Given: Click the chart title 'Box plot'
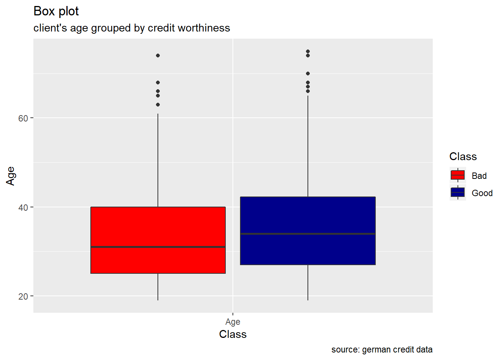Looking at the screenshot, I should pos(56,11).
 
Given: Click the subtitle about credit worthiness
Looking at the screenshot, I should pos(132,28).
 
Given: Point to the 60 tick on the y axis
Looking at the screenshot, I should pos(23,118).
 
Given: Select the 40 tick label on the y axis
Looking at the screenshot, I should pos(23,207).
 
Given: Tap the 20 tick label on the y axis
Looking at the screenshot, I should pos(23,296).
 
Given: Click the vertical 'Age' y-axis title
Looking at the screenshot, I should pos(10,176).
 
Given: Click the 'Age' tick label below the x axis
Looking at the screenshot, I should pos(232,322).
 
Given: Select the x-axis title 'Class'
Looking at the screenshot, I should pos(232,334).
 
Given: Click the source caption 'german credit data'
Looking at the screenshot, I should pos(382,349).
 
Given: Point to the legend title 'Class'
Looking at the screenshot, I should pos(463,156).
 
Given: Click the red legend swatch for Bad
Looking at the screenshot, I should pos(457,175).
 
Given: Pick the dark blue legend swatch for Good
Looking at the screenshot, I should pos(457,192).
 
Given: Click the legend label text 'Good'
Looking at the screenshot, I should pos(482,193).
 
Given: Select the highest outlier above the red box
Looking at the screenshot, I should pos(158,55).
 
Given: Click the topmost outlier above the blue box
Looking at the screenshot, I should pos(308,51).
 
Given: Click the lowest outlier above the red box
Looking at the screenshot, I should pos(158,105).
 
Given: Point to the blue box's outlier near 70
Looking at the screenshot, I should pos(308,73).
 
